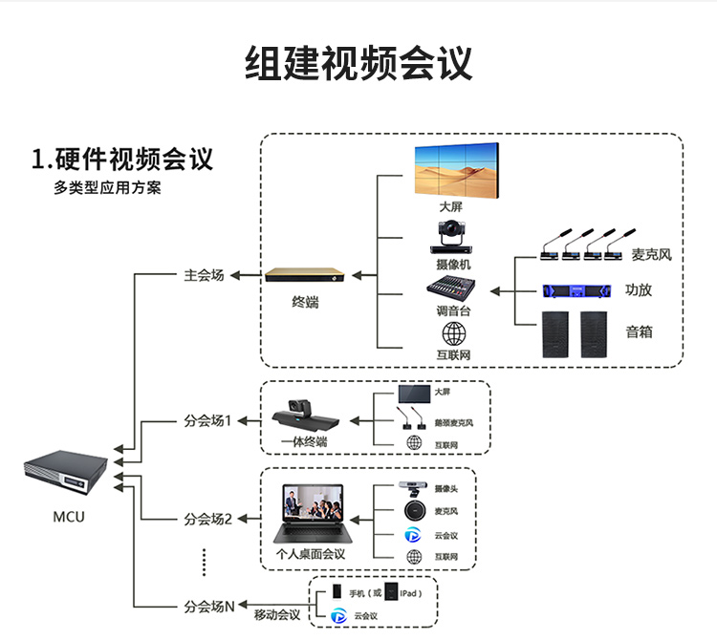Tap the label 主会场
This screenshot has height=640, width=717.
pos(204,275)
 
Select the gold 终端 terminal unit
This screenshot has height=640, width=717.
pos(305,276)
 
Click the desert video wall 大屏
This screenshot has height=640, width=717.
pos(458,169)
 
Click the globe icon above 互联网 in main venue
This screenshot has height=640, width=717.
pos(453,332)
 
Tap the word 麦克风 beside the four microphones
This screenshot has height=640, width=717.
pos(652,255)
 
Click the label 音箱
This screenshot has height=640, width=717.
pos(640,332)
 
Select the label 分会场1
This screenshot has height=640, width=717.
pos(208,420)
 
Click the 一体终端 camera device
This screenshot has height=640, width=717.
pos(305,416)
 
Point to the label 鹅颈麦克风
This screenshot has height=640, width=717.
pos(453,422)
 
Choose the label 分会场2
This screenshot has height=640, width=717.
pos(208,519)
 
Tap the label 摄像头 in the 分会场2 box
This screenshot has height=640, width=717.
pos(445,488)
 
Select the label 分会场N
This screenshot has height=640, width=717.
pos(208,606)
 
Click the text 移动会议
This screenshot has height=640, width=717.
pos(277,614)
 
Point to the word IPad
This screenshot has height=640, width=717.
pos(411,593)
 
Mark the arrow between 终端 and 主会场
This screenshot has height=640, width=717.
pos(247,276)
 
